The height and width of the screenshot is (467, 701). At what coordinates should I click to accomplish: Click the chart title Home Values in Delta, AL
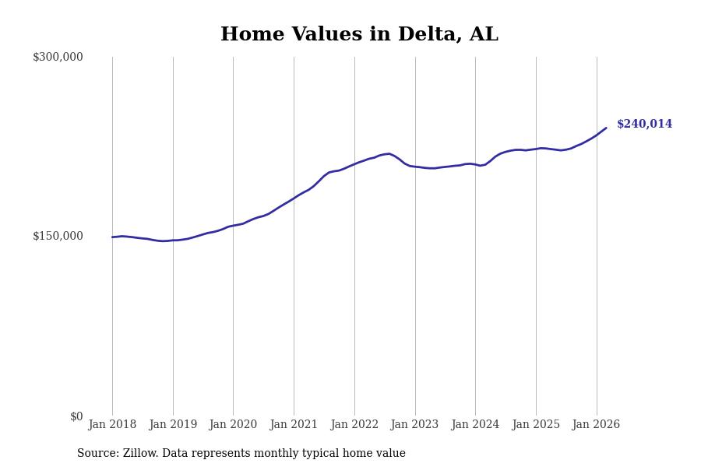359,35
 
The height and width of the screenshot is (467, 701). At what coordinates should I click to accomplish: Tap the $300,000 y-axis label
58,57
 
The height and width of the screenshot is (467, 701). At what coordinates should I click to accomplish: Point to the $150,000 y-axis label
58,236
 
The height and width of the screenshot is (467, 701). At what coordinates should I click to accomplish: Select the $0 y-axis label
76,416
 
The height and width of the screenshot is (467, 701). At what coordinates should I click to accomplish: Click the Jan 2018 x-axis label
112,424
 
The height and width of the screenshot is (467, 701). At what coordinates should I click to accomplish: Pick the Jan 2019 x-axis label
173,424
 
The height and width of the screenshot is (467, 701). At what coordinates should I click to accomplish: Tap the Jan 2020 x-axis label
233,424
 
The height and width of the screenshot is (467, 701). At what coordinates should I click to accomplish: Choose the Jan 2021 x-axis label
294,424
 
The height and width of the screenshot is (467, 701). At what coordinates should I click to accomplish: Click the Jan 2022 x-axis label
354,424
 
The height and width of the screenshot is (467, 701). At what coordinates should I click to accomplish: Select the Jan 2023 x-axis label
414,424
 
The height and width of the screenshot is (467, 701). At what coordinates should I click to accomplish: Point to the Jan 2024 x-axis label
475,424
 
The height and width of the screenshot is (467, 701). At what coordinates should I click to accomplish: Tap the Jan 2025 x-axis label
536,424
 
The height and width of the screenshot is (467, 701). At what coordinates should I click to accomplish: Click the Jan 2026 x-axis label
596,424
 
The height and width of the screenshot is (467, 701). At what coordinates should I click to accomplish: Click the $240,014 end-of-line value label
644,125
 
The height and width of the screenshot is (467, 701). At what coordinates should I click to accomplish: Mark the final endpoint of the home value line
606,128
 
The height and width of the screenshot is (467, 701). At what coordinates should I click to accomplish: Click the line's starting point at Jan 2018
112,237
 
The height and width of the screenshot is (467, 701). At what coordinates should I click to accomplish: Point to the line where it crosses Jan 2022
354,164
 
